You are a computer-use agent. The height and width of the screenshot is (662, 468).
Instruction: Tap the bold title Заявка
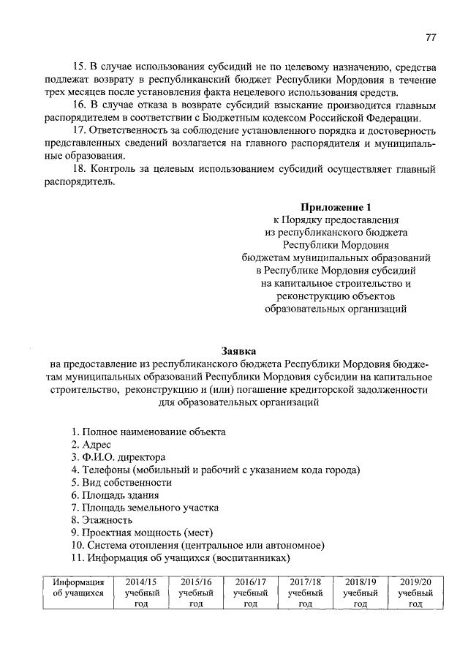(x=239, y=350)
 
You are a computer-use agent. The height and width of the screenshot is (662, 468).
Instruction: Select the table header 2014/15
(x=141, y=582)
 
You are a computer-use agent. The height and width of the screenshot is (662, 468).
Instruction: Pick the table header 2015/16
(x=195, y=582)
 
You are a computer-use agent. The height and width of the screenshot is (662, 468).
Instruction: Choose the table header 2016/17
(x=250, y=582)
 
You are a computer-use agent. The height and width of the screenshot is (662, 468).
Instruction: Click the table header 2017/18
(x=305, y=582)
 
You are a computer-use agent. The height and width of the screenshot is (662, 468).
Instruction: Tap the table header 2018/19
(x=360, y=582)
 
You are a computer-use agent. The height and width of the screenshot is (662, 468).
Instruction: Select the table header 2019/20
(x=415, y=582)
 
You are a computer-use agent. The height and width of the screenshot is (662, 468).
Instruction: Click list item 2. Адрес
(x=91, y=445)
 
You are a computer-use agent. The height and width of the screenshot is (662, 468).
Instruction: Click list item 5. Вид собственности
(x=121, y=483)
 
